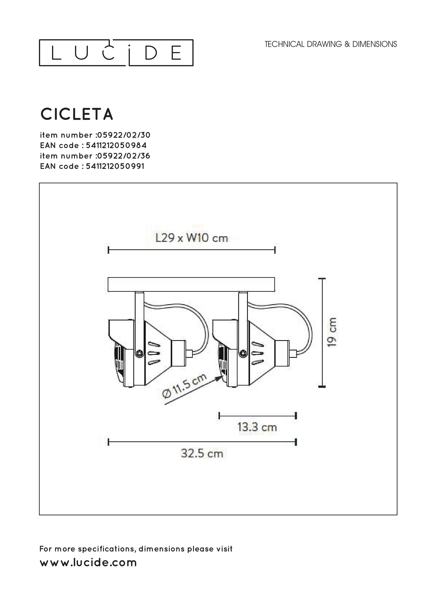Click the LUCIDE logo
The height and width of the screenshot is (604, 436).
[116, 53]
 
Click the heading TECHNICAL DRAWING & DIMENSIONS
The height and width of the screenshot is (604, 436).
[331, 44]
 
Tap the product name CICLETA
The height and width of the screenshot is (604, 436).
[77, 114]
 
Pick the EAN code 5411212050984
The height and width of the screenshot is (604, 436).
[116, 145]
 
